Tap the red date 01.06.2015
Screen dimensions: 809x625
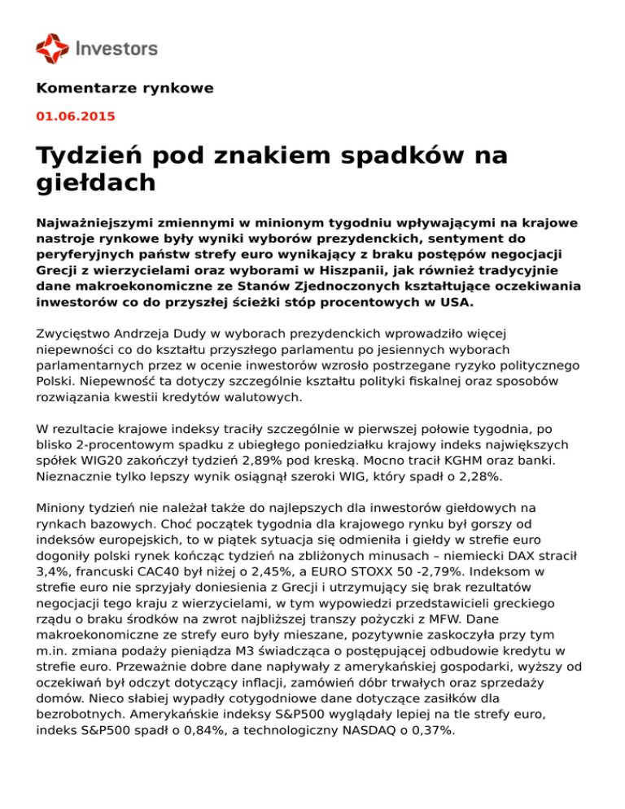76,116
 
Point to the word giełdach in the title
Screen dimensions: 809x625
96,183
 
